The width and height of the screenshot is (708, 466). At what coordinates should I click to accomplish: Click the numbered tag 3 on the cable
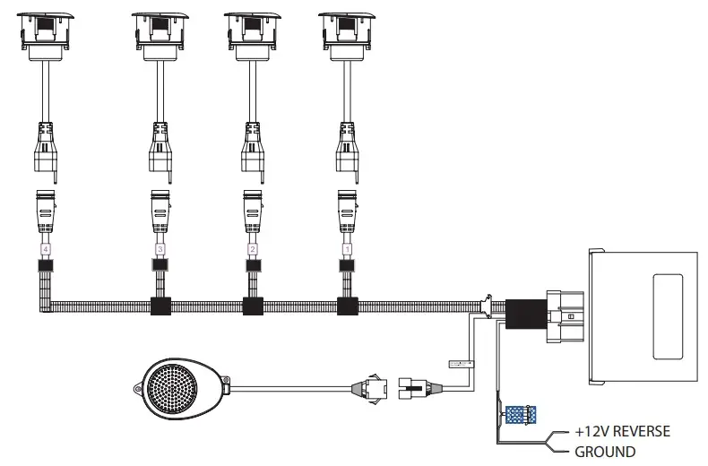click(160, 247)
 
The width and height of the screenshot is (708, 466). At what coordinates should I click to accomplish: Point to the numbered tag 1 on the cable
click(346, 247)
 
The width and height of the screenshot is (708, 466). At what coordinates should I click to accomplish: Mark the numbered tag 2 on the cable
click(253, 247)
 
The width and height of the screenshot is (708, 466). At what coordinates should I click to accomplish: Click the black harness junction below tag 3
click(161, 306)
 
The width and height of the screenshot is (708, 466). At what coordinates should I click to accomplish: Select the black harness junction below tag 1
click(347, 306)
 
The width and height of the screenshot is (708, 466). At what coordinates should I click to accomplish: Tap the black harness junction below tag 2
click(254, 306)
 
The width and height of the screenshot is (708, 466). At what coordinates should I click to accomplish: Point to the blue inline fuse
click(521, 415)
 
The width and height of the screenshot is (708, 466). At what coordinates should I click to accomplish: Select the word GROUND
click(605, 452)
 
